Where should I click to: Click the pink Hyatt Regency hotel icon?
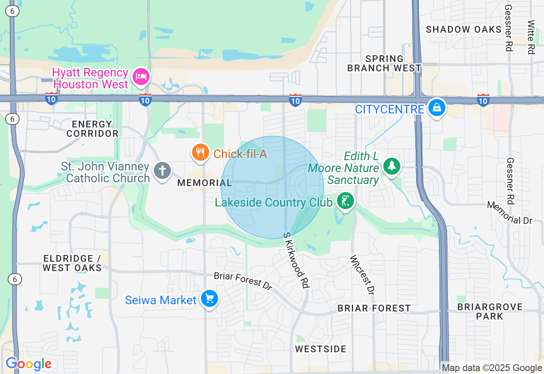click(141, 77)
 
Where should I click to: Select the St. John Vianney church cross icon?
click(162, 171)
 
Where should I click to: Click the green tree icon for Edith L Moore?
click(391, 166)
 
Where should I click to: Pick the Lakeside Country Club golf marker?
click(346, 201)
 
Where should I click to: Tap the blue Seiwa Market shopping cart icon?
click(209, 299)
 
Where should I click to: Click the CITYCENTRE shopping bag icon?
click(436, 108)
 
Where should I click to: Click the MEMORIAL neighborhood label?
click(204, 183)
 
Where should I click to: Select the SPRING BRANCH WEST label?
click(384, 63)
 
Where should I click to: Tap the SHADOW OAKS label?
click(464, 29)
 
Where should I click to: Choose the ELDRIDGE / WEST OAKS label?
click(72, 263)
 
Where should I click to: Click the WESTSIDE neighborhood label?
click(321, 349)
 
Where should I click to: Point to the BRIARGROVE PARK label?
click(490, 311)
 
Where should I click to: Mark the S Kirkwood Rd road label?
click(296, 260)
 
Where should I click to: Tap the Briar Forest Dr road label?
click(243, 280)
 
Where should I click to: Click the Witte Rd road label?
click(530, 37)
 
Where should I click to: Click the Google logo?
click(28, 364)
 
